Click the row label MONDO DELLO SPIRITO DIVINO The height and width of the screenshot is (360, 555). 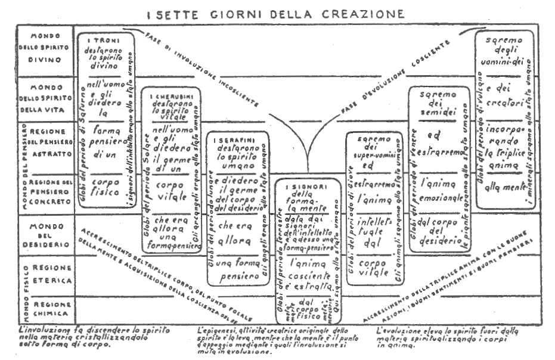point(45,48)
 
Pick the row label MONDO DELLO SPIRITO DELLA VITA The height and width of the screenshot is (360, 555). point(46,98)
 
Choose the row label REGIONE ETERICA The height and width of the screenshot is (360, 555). point(51,275)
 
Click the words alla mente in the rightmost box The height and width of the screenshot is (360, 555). point(502,185)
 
